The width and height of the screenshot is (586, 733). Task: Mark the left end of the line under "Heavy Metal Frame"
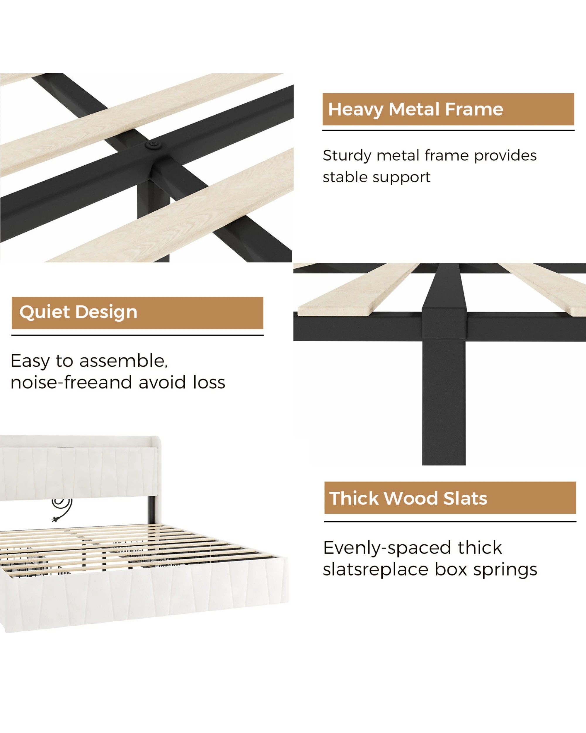click(323, 130)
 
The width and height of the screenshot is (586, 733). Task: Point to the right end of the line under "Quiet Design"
click(263, 335)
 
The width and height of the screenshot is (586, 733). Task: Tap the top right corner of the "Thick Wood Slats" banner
click(576, 482)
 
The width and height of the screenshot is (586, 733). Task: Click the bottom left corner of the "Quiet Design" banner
click(12, 329)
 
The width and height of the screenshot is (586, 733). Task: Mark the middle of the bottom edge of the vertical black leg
click(444, 465)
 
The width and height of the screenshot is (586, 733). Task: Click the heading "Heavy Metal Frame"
click(415, 109)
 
